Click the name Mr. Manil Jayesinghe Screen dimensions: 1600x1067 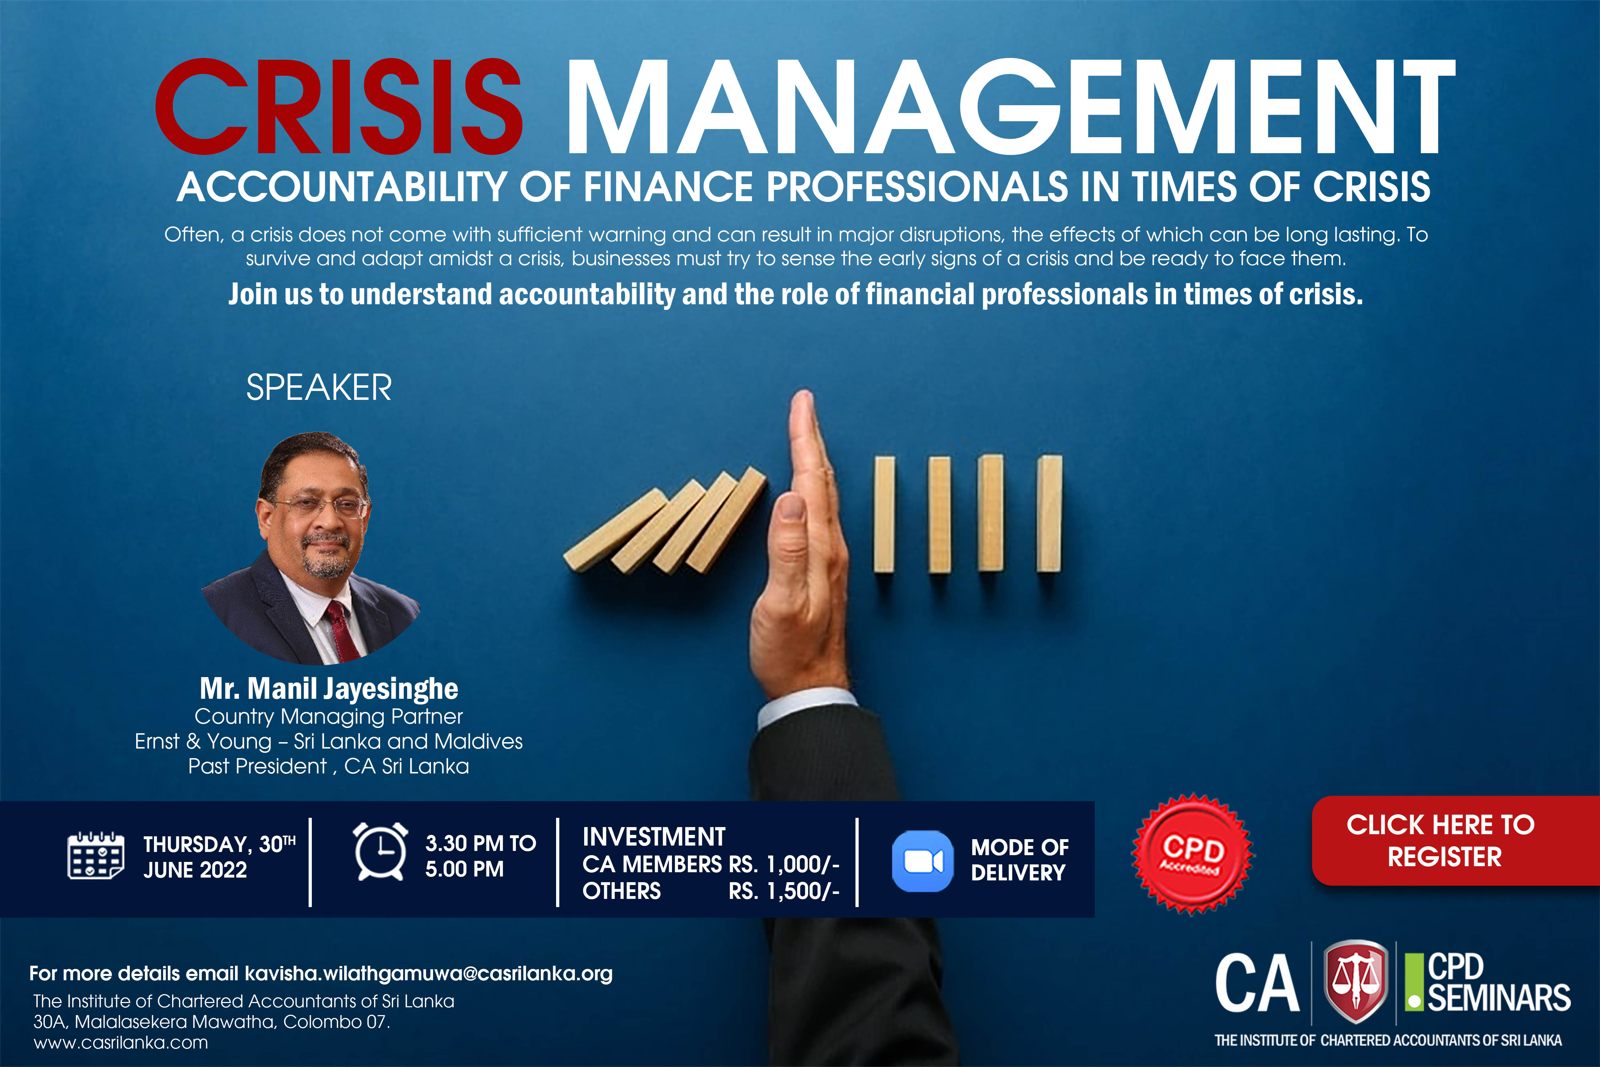(x=329, y=689)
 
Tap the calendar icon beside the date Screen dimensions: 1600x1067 (x=96, y=856)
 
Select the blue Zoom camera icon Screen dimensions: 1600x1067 (x=922, y=861)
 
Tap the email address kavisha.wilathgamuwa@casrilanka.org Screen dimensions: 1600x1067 (x=429, y=974)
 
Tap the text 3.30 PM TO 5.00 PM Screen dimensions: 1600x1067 (x=480, y=856)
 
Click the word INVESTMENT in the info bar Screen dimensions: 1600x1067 (x=654, y=836)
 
